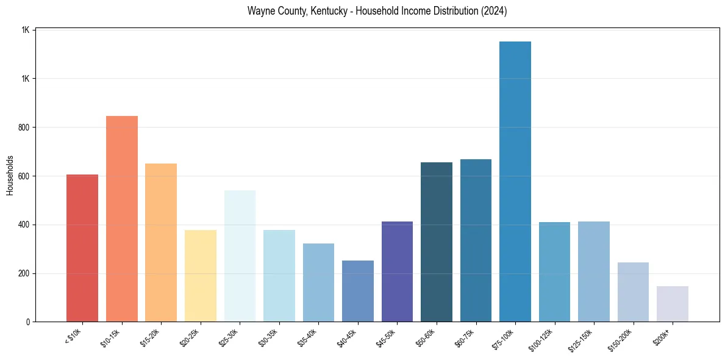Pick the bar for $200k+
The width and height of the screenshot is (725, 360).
pos(672,304)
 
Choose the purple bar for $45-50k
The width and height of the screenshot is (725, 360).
pos(397,272)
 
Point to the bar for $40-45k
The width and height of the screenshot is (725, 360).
pos(357,291)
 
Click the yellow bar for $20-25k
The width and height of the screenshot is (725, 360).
pos(200,276)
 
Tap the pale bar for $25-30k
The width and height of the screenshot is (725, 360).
pos(240,256)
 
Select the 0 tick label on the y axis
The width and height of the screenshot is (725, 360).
pos(28,322)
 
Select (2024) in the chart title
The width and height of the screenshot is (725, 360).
pos(492,12)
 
